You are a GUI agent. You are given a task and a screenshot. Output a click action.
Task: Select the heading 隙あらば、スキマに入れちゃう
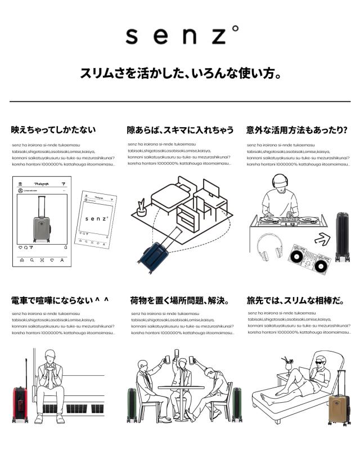click(180, 130)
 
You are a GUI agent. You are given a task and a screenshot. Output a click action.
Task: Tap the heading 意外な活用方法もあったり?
click(296, 130)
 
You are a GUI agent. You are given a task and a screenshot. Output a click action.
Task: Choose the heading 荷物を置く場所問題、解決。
click(179, 300)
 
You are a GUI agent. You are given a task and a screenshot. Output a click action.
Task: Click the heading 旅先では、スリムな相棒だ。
click(296, 300)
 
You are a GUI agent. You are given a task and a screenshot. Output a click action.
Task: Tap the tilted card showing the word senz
click(97, 217)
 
